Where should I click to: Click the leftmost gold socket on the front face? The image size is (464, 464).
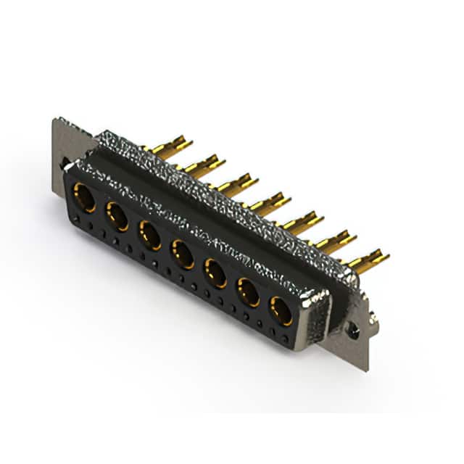point(85,197)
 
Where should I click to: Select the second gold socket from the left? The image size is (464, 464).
point(117,216)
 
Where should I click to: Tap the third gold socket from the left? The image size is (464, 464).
point(150,235)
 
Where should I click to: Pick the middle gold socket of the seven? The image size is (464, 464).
point(182,254)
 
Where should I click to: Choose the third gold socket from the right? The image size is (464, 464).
point(215,273)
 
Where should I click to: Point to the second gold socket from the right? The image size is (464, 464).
point(249,292)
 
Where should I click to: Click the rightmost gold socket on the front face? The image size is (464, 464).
point(281,311)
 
